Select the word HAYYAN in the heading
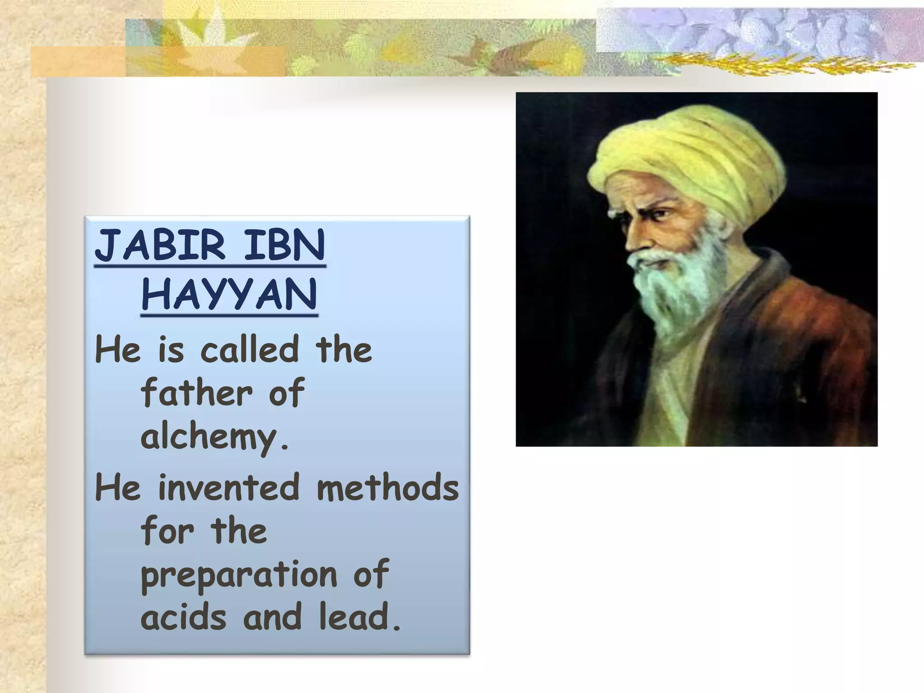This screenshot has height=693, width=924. (x=229, y=294)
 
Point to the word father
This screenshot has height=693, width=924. (x=197, y=393)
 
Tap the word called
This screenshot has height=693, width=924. (x=249, y=349)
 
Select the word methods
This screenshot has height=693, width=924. (x=388, y=487)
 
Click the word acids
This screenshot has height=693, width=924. (x=184, y=617)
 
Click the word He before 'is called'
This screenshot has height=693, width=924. (x=118, y=349)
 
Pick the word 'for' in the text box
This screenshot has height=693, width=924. (x=167, y=531)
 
